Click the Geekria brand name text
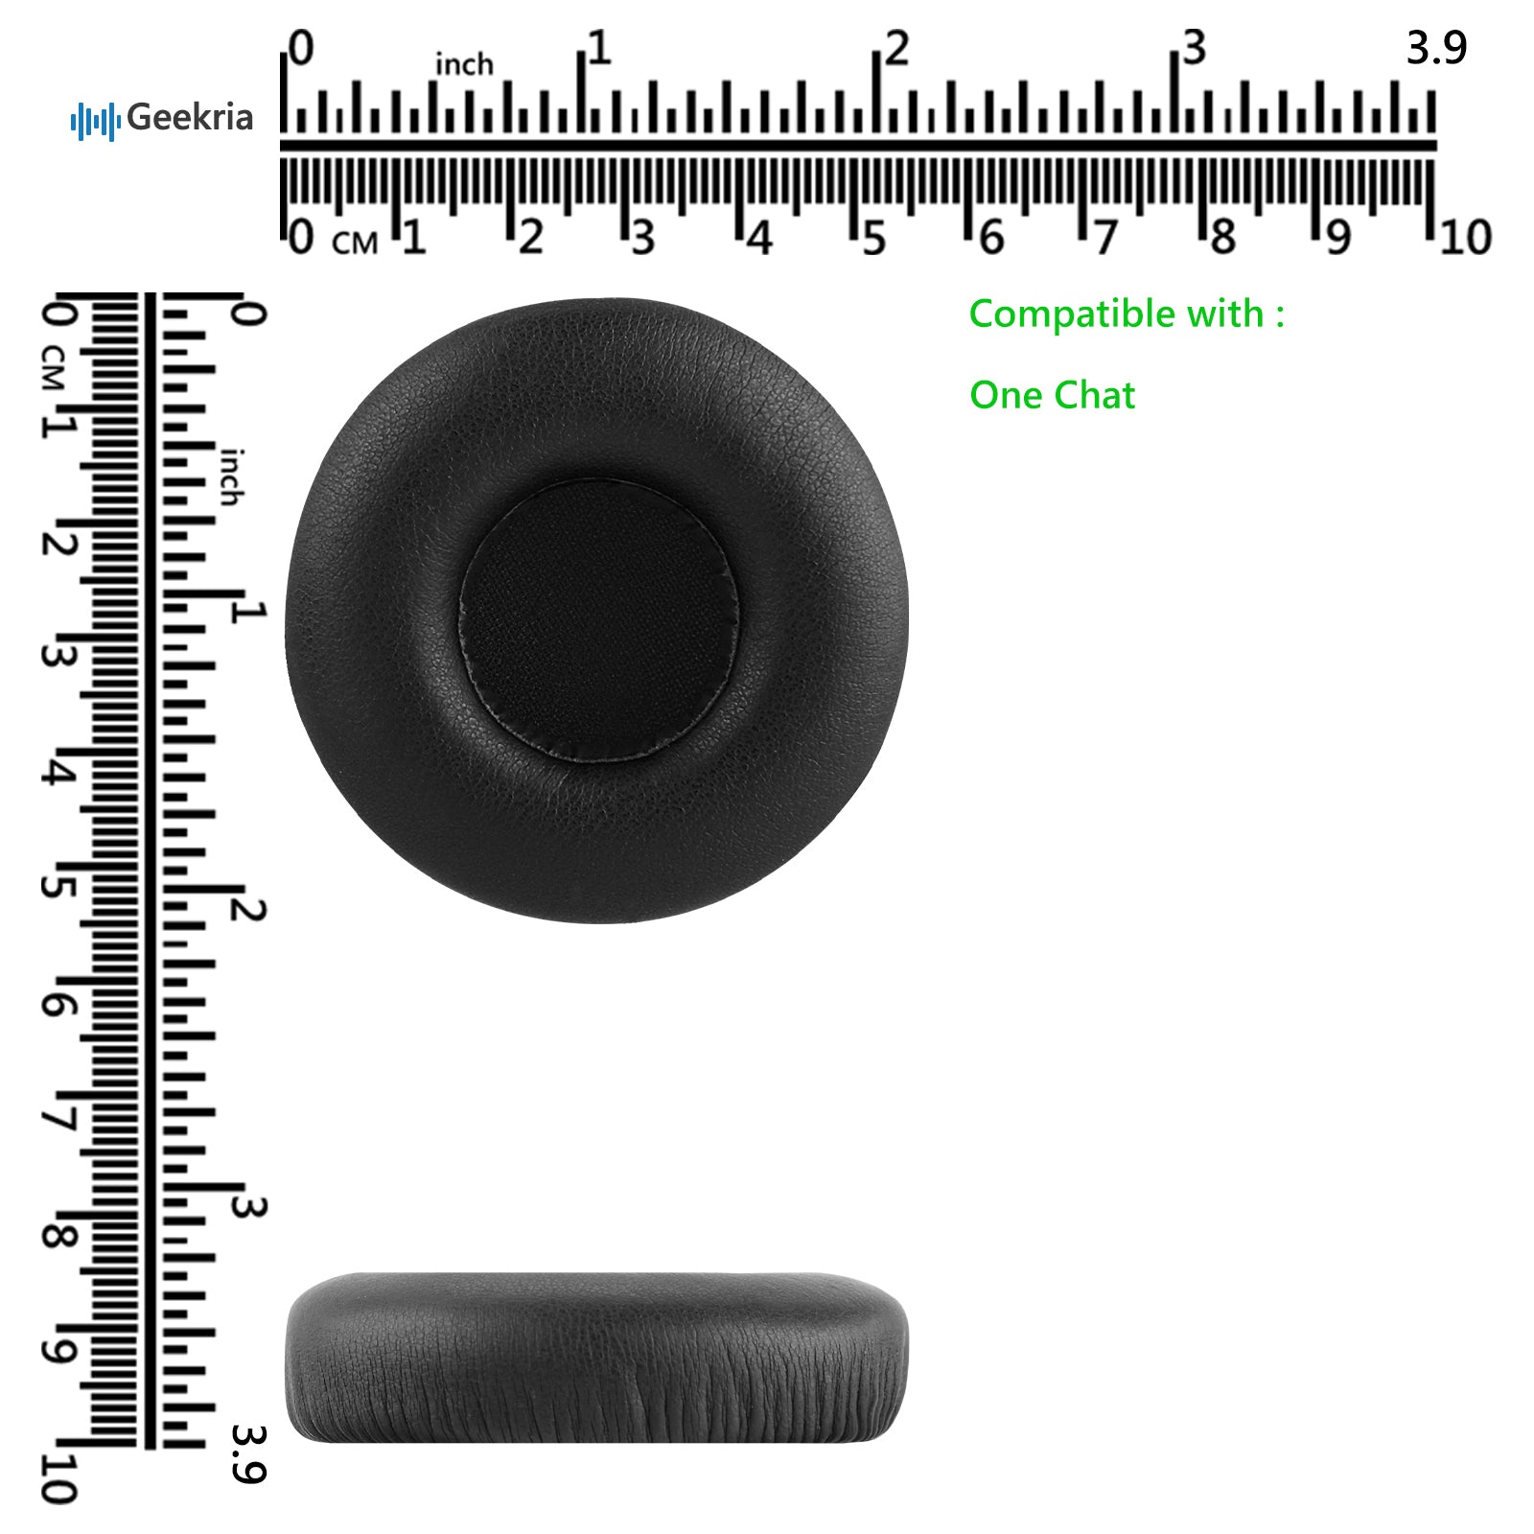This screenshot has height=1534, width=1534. [190, 118]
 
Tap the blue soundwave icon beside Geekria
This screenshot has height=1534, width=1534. [95, 121]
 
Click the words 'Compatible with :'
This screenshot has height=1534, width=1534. [1127, 315]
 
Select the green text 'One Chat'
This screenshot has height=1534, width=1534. [1052, 395]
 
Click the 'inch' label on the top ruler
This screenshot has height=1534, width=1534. [464, 64]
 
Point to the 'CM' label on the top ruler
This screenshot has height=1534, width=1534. [355, 243]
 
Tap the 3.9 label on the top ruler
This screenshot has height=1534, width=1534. [1436, 48]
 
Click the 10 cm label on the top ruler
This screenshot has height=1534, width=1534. [1465, 238]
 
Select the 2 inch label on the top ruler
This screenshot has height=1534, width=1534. [896, 48]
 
